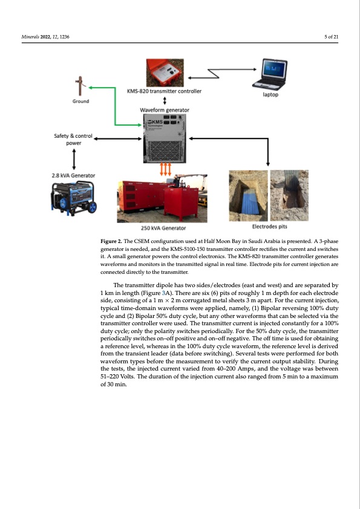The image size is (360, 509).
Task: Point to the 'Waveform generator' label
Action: (165, 110)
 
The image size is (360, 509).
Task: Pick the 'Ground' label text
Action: (82, 101)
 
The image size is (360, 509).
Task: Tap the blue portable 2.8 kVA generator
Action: (73, 198)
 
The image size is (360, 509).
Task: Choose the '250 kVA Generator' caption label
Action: (162, 229)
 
